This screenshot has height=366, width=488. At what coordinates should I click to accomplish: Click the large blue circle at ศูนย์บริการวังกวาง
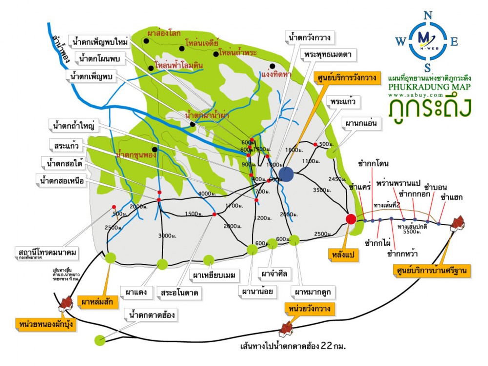pos(286,174)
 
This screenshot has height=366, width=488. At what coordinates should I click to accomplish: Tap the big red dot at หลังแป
pos(350,219)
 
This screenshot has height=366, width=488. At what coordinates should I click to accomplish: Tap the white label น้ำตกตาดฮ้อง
pos(150,315)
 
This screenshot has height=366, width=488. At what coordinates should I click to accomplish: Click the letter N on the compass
pos(428,15)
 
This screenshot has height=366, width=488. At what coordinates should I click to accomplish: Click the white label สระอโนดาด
pos(181,293)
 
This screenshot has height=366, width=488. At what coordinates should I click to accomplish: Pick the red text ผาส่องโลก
pos(164,33)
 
